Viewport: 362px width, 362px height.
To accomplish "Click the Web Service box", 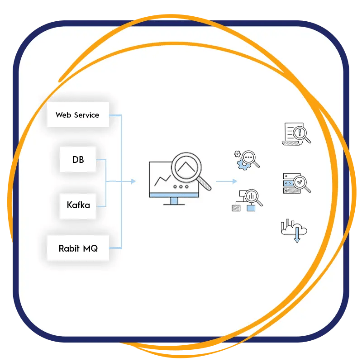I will click(x=78, y=115).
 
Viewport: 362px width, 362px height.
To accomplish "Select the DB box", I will click(x=78, y=159).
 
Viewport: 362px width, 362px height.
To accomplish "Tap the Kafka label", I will click(x=78, y=205).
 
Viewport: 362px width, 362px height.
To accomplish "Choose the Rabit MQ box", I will click(x=78, y=248).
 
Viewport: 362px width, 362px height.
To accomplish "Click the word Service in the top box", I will click(x=87, y=115).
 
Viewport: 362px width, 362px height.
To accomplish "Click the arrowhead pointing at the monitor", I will click(x=133, y=181).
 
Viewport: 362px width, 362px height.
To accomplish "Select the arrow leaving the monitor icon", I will click(x=226, y=181).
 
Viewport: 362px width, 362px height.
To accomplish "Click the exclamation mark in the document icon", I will click(x=299, y=132).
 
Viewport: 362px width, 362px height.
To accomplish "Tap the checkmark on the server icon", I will click(x=299, y=182).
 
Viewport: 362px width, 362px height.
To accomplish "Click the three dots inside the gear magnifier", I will click(x=248, y=157).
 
